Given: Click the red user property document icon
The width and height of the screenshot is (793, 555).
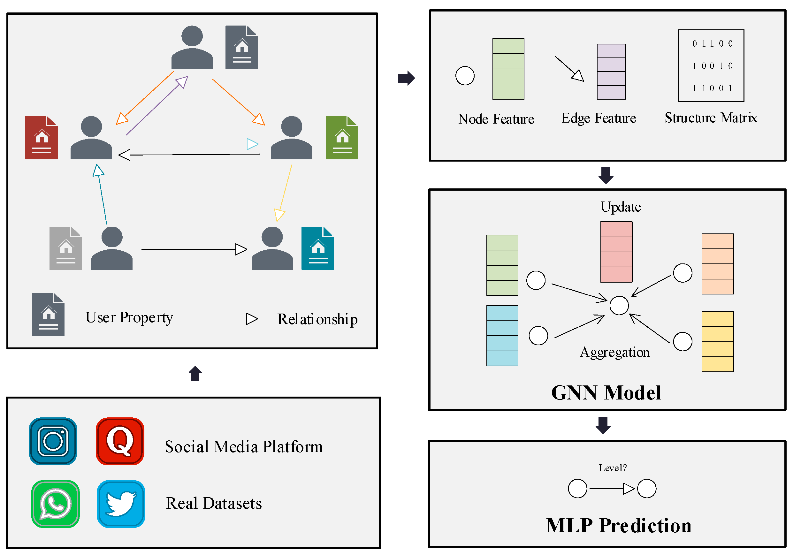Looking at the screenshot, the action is coord(42,137).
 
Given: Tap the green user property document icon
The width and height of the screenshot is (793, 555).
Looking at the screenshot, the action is coord(342,137).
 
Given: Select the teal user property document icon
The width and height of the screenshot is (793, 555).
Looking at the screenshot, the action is coord(318,248).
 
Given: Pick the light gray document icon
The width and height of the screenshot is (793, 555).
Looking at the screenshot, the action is coord(65,248).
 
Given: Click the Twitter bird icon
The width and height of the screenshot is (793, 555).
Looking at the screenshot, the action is coord(121,504).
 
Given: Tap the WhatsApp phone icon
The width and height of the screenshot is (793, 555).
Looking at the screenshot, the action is coord(56,504).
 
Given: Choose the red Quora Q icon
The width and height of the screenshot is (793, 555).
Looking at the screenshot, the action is coord(120,441).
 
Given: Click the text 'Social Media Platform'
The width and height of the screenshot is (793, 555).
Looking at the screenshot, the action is coord(244,446).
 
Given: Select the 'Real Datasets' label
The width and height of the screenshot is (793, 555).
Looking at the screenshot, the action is coord(214,503).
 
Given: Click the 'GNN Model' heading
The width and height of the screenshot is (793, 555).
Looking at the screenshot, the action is coord(606,393).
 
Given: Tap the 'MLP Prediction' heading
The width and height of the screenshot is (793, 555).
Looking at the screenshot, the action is coord(619,525).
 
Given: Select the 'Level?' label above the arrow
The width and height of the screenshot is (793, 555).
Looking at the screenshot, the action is coord(612,468).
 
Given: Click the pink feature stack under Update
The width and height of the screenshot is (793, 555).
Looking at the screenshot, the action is coord(616,252).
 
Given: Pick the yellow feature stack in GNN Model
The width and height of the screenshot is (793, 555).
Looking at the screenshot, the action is coord(717,341).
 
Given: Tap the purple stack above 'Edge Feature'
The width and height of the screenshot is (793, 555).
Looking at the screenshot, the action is coord(611,72).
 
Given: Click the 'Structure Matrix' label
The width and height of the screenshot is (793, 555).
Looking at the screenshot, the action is coord(711,118).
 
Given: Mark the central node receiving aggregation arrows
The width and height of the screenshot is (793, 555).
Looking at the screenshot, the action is coord(619,305).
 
